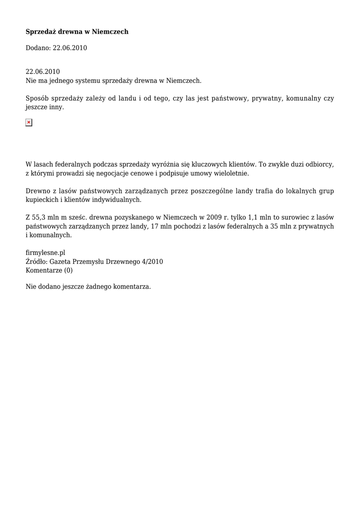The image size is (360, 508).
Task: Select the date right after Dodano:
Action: coord(70,48)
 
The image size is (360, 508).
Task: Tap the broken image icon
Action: coord(29,123)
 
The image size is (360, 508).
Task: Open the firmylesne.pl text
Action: coord(46,252)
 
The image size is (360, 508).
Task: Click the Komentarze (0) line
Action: coord(49,270)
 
